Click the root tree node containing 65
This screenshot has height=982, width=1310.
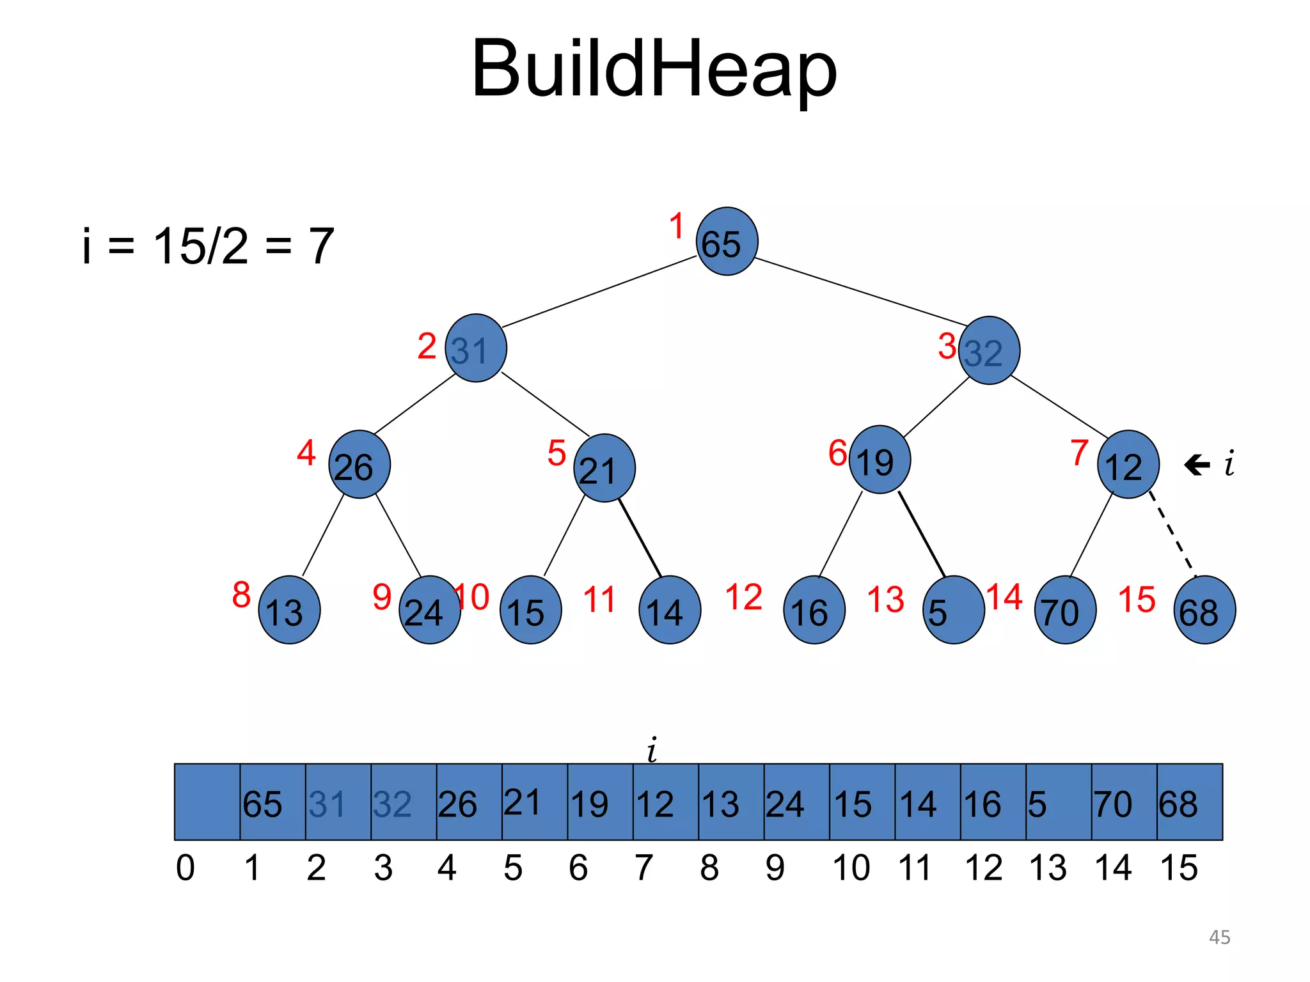coord(727,242)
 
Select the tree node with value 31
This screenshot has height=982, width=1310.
coord(476,348)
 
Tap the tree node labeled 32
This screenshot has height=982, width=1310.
coord(989,350)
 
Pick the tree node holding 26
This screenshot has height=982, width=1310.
coord(359,465)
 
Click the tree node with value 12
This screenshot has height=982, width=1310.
coord(1128,465)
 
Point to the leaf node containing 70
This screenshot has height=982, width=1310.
coord(1065,610)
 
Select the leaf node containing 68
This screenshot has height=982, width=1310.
coord(1204,610)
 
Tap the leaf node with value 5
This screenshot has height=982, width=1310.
coord(953,610)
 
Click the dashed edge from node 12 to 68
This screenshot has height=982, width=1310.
coord(1172,534)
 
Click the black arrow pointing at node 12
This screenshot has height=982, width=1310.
coord(1197,465)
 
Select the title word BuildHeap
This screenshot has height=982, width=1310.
coord(654,69)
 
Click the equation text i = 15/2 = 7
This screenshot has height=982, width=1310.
coord(209,246)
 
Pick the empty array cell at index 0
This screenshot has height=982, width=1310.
coord(207,802)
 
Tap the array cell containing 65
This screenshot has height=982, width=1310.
coord(272,802)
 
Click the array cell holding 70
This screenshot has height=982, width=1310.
coord(1124,802)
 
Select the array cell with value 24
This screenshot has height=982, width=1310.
coord(796,802)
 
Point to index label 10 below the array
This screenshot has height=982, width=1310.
coord(851,868)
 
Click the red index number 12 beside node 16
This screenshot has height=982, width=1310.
coord(743,598)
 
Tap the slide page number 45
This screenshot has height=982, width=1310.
coord(1219,937)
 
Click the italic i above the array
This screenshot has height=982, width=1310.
coord(652,749)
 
